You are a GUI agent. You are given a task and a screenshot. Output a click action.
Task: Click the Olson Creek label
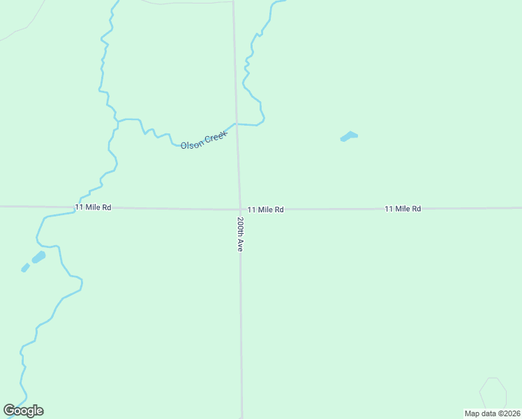coord(204,140)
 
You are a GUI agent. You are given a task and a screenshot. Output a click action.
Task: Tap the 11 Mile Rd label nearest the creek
coord(93,207)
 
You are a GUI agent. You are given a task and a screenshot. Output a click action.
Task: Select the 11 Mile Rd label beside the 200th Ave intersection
coord(265,209)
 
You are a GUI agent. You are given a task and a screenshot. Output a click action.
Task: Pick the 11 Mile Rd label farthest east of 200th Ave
coord(403,209)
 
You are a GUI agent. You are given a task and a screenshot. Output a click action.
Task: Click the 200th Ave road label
coord(239,234)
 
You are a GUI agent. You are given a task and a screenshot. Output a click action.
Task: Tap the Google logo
coord(23,411)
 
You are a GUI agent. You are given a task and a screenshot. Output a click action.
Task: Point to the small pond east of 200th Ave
coord(349,136)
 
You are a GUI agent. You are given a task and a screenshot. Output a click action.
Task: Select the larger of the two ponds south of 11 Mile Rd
coord(38,257)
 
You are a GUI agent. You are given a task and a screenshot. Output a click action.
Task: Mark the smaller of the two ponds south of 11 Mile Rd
coord(25,267)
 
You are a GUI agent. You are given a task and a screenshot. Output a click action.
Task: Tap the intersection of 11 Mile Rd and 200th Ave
coord(239,209)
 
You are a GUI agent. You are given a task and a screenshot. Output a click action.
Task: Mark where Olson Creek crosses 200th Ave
coord(236,124)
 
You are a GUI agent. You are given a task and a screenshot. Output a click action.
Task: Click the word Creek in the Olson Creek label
coord(216,136)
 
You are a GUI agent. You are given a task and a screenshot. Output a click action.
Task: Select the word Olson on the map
coord(192,143)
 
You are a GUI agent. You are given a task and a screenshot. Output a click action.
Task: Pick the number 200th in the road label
coord(239,228)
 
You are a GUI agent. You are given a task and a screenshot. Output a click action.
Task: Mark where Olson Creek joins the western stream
coord(117,121)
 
